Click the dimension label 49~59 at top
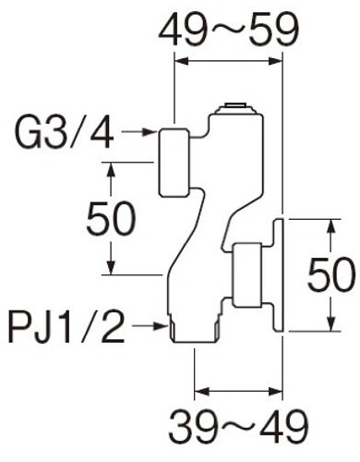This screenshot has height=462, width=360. pos(228,30)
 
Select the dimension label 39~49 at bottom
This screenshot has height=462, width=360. pos(238,427)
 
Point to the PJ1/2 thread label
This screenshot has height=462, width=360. pos(67,327)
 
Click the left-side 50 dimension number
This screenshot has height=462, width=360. pos(111,218)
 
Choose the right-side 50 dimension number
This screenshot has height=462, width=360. pos(331,275)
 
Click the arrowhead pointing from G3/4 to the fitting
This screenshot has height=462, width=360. pos(150,132)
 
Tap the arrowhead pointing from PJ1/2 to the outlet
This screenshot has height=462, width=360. pos(161,325)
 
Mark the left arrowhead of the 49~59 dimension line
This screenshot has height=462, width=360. pos(181,62)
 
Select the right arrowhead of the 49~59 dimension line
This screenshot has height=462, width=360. pos(276,62)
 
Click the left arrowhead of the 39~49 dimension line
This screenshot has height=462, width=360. pos(201,392)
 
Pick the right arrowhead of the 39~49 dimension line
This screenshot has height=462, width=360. pos(276,392)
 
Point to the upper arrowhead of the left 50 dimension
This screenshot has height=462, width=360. pos(111,169)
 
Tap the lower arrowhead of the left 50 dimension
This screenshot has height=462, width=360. pos(111,267)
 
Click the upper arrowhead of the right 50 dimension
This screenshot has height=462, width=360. pos(331,226)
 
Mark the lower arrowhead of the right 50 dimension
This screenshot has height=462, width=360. pos(331,324)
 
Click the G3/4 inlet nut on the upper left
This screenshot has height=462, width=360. pos(174,163)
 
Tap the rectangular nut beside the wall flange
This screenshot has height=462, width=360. pos(247,275)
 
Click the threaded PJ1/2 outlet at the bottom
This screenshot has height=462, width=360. pos(195,329)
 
